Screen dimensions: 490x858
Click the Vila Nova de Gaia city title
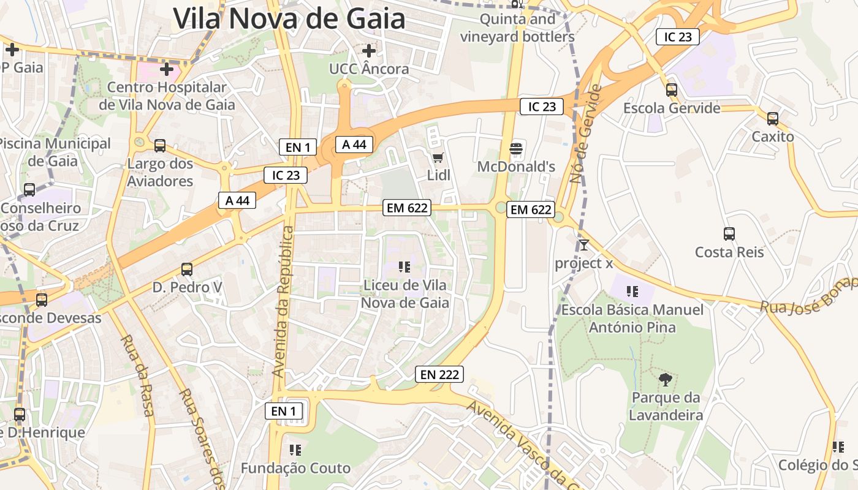point(289,18)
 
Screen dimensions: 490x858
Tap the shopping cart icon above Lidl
point(438,159)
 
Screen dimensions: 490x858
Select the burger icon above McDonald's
point(516,149)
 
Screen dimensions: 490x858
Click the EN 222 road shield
point(439,374)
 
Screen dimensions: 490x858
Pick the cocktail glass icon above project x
point(584,245)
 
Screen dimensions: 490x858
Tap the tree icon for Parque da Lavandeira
point(665,380)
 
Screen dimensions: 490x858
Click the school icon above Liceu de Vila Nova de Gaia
point(404,266)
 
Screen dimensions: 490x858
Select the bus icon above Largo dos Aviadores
point(160,146)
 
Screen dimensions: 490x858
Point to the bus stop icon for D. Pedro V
point(187,269)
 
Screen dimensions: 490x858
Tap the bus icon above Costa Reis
point(729,233)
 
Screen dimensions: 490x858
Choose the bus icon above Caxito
point(773,119)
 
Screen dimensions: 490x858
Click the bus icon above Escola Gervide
point(672,90)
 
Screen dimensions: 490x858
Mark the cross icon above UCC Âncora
point(369,50)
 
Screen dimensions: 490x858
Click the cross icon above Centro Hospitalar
point(167,69)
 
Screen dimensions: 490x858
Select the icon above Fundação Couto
point(295,450)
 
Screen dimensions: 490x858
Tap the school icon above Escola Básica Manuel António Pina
point(632,292)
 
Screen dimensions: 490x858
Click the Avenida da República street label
point(283,301)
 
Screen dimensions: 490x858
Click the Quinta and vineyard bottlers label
point(517,28)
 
